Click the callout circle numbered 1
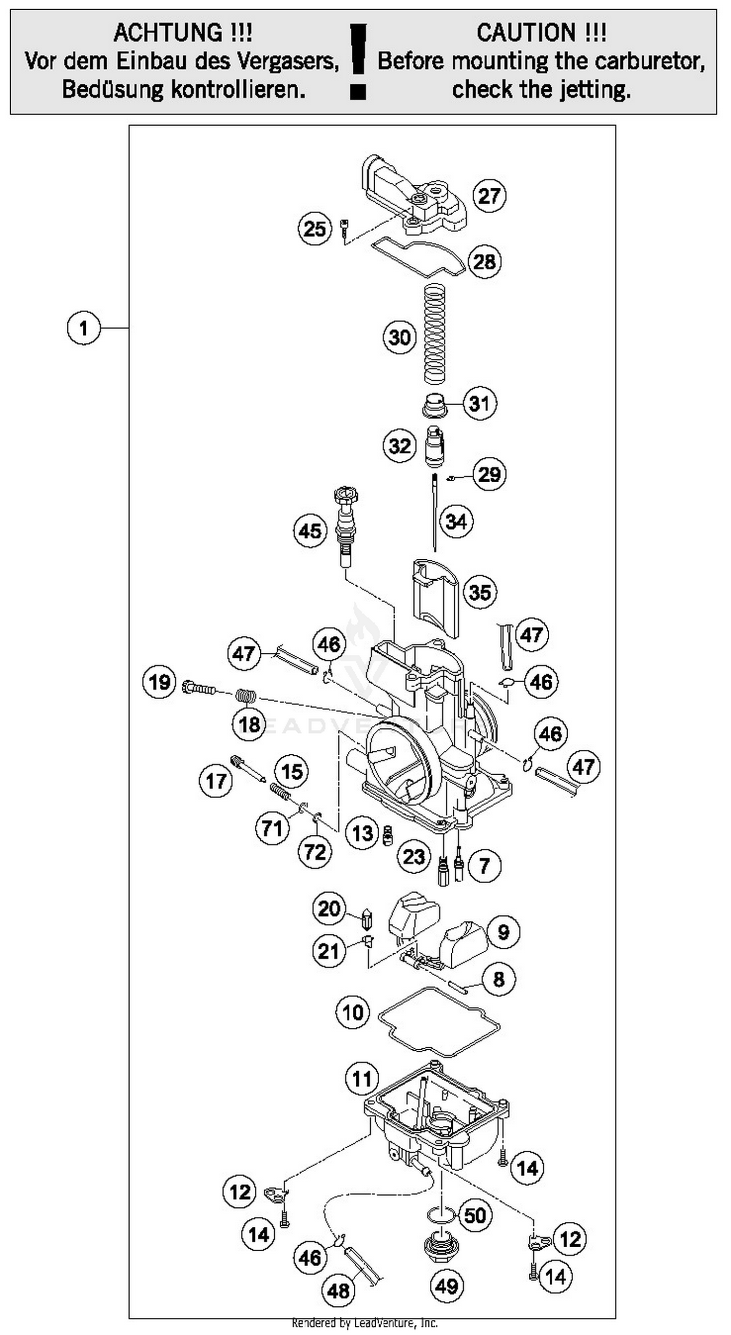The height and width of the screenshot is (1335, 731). point(83,328)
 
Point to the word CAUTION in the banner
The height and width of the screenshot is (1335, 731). point(526,33)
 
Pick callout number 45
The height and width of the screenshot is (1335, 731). point(310,530)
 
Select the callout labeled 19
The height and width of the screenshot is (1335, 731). point(159,682)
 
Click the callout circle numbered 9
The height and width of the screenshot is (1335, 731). point(503,932)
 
